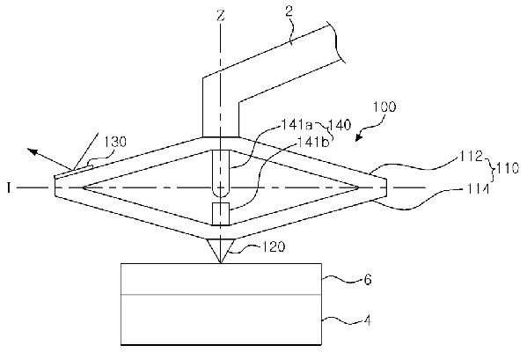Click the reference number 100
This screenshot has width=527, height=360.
pyautogui.click(x=384, y=107)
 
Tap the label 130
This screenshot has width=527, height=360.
pyautogui.click(x=114, y=142)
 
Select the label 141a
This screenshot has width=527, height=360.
pyautogui.click(x=296, y=125)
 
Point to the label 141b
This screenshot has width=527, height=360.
pyautogui.click(x=312, y=143)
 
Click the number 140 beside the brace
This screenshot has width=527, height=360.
pyautogui.click(x=339, y=125)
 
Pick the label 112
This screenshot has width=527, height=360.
pyautogui.click(x=472, y=157)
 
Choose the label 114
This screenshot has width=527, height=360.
pyautogui.click(x=478, y=189)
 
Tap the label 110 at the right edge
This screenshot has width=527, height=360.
pyautogui.click(x=508, y=168)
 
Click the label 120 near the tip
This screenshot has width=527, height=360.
pyautogui.click(x=274, y=247)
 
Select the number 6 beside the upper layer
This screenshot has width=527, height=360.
pyautogui.click(x=368, y=280)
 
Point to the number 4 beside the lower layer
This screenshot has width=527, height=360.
pyautogui.click(x=368, y=320)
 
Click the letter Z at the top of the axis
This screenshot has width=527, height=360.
pyautogui.click(x=221, y=16)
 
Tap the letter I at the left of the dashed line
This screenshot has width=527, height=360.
pyautogui.click(x=9, y=188)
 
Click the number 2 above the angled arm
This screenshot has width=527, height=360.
pyautogui.click(x=289, y=11)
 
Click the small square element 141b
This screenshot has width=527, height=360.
pyautogui.click(x=221, y=213)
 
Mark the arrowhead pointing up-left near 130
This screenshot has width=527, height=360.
pyautogui.click(x=33, y=152)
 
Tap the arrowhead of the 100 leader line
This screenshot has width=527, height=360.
pyautogui.click(x=359, y=136)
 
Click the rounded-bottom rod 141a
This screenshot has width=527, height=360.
pyautogui.click(x=221, y=173)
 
